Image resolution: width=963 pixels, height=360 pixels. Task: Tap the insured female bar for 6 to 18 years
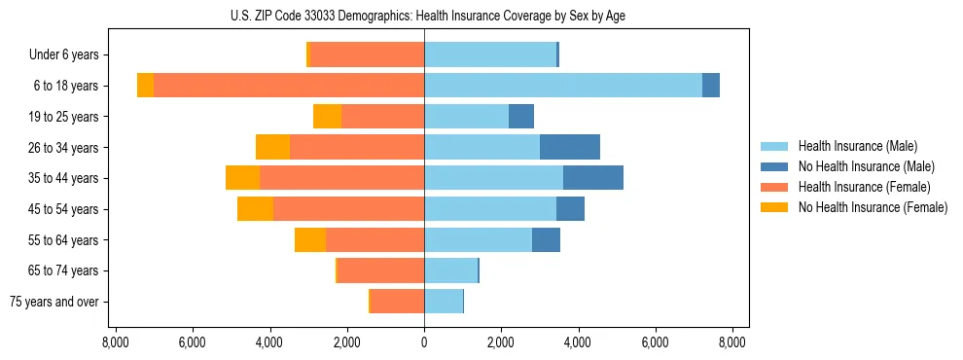point(289,86)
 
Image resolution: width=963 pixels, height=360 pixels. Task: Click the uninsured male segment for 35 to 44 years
point(592,178)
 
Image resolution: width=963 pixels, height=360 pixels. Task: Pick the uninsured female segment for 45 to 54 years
point(256,209)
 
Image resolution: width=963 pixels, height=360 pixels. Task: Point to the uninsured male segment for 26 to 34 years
point(570,147)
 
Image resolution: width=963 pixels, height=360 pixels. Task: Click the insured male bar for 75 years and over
point(444,302)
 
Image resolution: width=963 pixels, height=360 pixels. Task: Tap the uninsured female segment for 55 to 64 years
point(310,240)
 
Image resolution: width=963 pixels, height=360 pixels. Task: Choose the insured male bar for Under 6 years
point(490,54)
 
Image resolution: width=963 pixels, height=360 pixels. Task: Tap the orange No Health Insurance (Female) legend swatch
point(774,207)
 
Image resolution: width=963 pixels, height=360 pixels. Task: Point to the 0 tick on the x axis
point(424,342)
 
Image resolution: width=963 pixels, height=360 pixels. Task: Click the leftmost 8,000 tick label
point(116,342)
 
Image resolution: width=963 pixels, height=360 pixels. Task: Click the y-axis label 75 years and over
point(53,302)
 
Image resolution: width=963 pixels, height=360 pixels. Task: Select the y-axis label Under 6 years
point(63,54)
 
